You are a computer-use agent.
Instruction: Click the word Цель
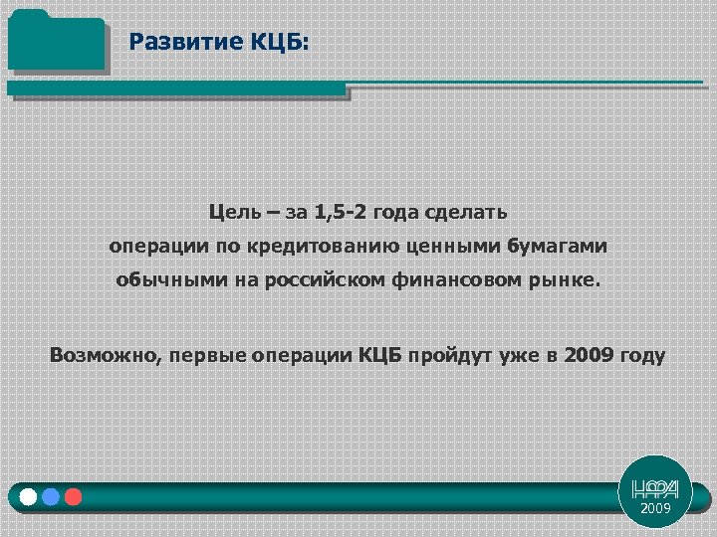click(x=235, y=212)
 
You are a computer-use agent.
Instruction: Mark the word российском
click(x=317, y=279)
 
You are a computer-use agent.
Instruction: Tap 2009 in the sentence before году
click(x=589, y=355)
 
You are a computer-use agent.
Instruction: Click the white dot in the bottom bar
click(x=28, y=496)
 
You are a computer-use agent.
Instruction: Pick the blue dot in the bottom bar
click(x=51, y=496)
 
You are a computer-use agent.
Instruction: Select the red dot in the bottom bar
click(x=73, y=496)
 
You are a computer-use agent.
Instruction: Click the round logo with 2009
click(x=654, y=493)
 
